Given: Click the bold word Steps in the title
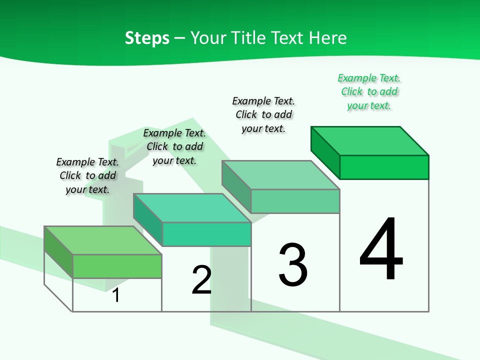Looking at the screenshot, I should tap(146, 38).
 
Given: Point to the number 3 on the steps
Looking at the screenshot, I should tap(293, 265).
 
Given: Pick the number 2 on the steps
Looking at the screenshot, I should tap(201, 280).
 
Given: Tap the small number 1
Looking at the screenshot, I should tap(116, 295).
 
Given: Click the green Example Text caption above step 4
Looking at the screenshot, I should tap(369, 91).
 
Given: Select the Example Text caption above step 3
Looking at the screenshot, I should tap(264, 114).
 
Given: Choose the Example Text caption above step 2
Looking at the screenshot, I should tap(174, 146).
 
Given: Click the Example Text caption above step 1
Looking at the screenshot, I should tap(87, 175).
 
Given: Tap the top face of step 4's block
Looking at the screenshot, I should tap(370, 140).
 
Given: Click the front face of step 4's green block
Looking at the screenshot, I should tap(384, 167).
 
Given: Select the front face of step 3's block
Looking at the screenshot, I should tap(295, 201).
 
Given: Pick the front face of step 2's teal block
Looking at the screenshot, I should tap(206, 234).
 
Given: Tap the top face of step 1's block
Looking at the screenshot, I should tap(103, 240).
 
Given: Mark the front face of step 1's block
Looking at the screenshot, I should tap(117, 266).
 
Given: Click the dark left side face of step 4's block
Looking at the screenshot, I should tap(325, 152).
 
